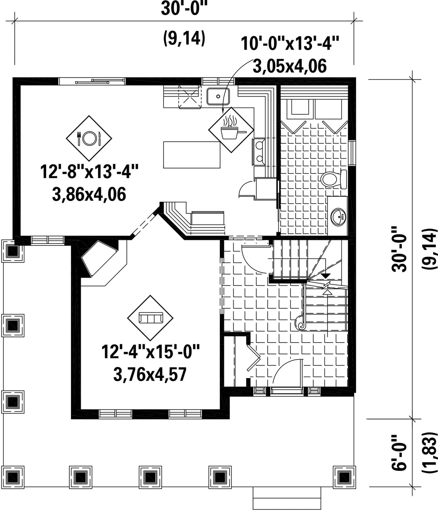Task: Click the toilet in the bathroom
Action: (x=334, y=179)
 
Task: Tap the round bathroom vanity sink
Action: (x=338, y=217)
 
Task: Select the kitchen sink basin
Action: (x=218, y=96)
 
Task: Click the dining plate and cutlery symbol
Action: (x=89, y=138)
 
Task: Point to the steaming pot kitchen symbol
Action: (x=231, y=130)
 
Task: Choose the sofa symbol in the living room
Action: (x=150, y=318)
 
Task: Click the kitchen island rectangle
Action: (x=191, y=155)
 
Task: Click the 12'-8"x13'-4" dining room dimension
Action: (x=89, y=172)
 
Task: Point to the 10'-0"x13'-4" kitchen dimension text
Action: (x=290, y=43)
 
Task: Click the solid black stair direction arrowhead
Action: (x=326, y=275)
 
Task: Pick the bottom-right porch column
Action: (x=344, y=476)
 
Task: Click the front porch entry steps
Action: (x=287, y=499)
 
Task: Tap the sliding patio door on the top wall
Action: (x=92, y=81)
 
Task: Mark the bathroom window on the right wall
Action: (x=352, y=152)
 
